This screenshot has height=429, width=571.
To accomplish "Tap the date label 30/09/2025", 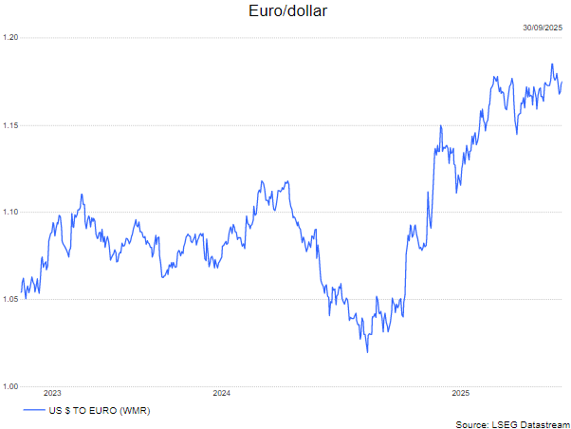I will tap(543, 28).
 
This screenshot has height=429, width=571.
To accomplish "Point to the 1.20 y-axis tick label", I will tap(10, 38).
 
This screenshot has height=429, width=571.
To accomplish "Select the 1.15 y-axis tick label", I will tap(10, 125).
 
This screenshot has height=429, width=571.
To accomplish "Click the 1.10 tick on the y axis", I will tap(10, 213).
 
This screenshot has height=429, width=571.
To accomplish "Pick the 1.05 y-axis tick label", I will tap(10, 300).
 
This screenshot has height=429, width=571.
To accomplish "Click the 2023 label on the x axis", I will tap(52, 393).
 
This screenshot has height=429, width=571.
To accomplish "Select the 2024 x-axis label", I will tap(222, 393).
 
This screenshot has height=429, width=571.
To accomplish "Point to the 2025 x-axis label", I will tap(460, 393).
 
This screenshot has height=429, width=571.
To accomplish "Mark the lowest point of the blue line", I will tap(367, 352).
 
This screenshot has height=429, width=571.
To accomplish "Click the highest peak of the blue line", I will tap(552, 65).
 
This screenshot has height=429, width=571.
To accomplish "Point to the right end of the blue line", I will tap(562, 82).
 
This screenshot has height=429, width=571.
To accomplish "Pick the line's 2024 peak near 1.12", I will tap(261, 180).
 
